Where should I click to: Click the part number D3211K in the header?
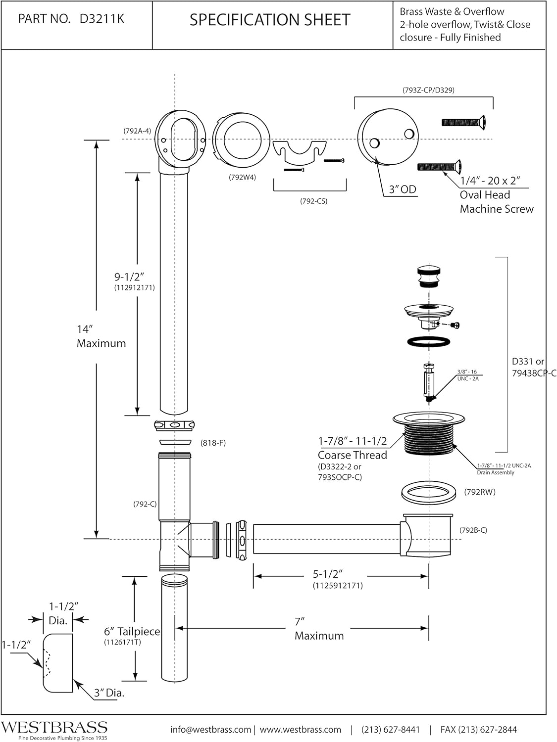point(101,19)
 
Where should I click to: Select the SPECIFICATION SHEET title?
point(270,20)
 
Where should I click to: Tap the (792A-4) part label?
point(137,131)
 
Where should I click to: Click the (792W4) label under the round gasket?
point(242,177)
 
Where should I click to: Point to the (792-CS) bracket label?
point(313,201)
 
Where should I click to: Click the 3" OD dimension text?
point(402,189)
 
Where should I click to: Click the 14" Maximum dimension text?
point(101,336)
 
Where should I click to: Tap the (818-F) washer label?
point(213,443)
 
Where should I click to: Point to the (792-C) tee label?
point(145,504)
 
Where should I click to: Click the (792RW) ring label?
point(480,492)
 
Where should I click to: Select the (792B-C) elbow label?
point(473,530)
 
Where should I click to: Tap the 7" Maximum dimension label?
point(319,629)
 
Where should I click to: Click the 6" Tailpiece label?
point(132,632)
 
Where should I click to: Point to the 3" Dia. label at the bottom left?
point(109,693)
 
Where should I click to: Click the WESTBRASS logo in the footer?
point(54,727)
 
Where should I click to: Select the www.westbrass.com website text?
point(301,730)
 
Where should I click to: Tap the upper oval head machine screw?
point(463,122)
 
